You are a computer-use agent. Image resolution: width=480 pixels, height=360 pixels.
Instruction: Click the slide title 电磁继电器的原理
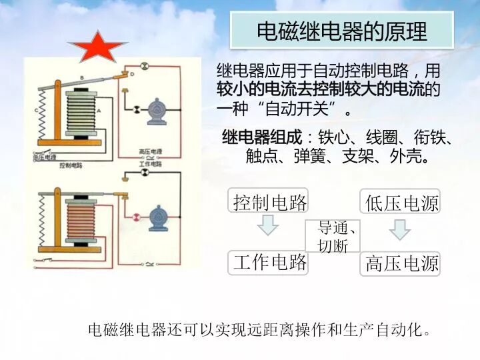point(341,31)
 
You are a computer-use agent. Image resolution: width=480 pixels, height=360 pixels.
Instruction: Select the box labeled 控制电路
point(269,201)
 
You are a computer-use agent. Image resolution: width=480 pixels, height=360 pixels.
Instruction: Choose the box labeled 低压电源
point(401,201)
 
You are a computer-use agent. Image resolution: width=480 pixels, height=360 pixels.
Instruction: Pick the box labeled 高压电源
point(401,263)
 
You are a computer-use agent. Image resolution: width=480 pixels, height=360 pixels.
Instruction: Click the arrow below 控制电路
point(268,226)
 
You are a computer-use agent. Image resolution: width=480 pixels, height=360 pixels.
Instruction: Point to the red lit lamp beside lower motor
point(136,217)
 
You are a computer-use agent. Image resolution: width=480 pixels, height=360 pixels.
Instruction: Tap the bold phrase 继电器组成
point(262,139)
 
